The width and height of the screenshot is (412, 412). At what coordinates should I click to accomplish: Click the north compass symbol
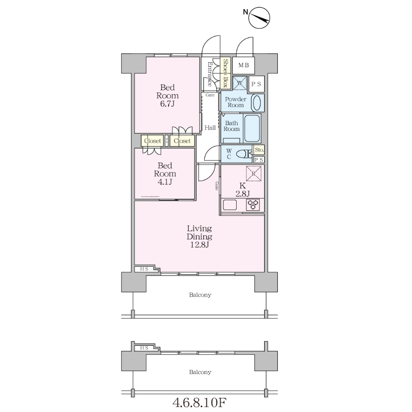pyautogui.click(x=259, y=17)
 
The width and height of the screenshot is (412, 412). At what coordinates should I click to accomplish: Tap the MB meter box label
pyautogui.click(x=244, y=65)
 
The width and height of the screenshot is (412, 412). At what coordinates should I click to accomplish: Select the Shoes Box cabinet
pyautogui.click(x=225, y=73)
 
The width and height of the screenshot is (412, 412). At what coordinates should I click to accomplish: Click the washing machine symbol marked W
pyautogui.click(x=240, y=83)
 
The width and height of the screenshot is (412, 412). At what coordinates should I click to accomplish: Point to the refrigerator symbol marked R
pyautogui.click(x=254, y=173)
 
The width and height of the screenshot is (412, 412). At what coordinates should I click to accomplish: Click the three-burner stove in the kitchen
pyautogui.click(x=253, y=205)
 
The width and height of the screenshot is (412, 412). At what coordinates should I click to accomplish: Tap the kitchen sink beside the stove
pyautogui.click(x=230, y=205)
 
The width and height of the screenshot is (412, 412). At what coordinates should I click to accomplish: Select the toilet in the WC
pyautogui.click(x=244, y=154)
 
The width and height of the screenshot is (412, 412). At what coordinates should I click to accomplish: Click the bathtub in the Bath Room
pyautogui.click(x=252, y=129)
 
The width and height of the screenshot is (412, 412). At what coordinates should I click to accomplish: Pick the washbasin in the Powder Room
pyautogui.click(x=257, y=103)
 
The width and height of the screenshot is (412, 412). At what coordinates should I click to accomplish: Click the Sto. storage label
pyautogui.click(x=259, y=150)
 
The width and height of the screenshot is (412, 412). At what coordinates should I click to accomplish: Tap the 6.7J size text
pyautogui.click(x=168, y=104)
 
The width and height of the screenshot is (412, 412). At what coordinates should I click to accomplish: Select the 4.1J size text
pyautogui.click(x=165, y=182)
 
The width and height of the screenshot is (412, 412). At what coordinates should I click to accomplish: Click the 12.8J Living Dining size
pyautogui.click(x=200, y=245)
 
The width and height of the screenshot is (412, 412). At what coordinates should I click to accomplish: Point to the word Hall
pyautogui.click(x=210, y=128)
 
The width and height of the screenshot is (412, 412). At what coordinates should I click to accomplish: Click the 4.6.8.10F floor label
pyautogui.click(x=200, y=402)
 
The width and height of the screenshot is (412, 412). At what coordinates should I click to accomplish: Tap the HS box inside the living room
pyautogui.click(x=144, y=269)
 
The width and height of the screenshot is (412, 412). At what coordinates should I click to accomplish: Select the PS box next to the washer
pyautogui.click(x=256, y=84)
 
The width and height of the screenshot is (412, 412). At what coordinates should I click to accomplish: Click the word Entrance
pyautogui.click(x=210, y=74)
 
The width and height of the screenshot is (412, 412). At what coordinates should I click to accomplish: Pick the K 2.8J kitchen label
pyautogui.click(x=243, y=190)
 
